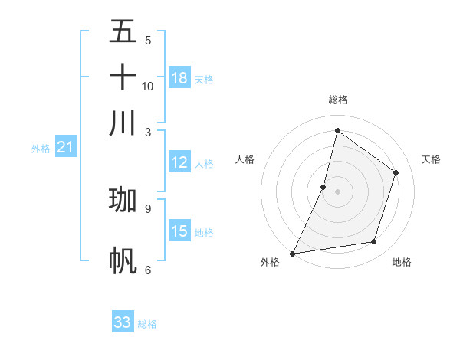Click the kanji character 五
tap(123, 31)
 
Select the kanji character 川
tap(123, 123)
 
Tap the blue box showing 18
tap(179, 78)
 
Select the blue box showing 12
tap(179, 162)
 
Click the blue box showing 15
tap(179, 231)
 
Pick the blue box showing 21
tap(65, 147)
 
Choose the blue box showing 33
tap(123, 322)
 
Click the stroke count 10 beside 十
tap(148, 86)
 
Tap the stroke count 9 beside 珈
tap(148, 208)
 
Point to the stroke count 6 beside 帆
tap(148, 270)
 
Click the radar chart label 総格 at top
tap(337, 100)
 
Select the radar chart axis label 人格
tap(245, 159)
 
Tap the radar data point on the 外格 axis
tap(293, 253)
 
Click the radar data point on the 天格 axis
tap(396, 172)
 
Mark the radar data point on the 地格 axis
tap(374, 242)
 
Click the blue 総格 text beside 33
tap(147, 324)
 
